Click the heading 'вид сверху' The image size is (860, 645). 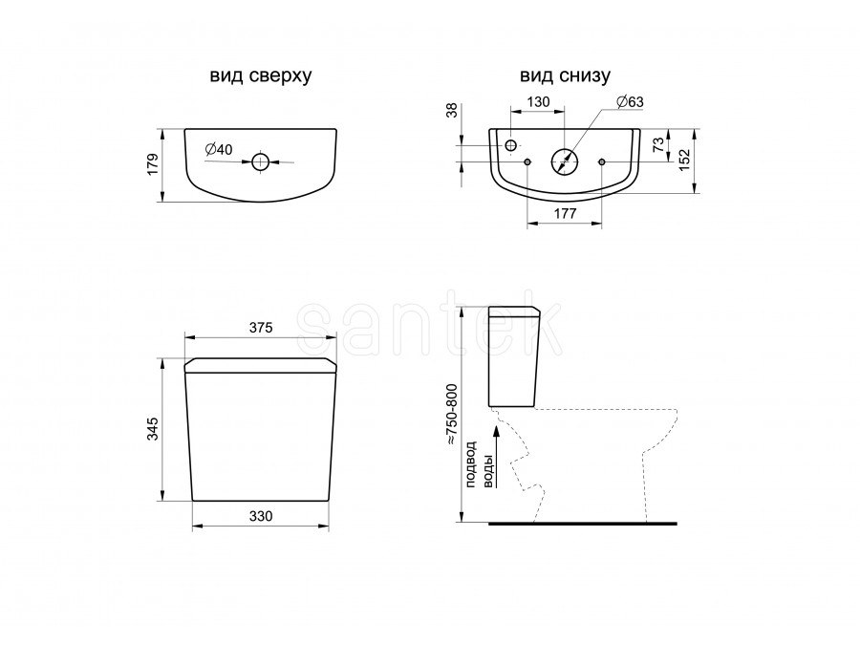tap(261, 75)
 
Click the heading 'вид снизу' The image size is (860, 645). tap(565, 75)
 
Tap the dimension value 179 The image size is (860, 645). tap(153, 164)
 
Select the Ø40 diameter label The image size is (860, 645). tap(219, 149)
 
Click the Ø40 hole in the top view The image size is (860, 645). tap(261, 161)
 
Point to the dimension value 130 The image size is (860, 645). tap(538, 102)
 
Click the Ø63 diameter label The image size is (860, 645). tap(630, 102)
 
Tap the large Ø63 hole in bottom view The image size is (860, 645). tap(565, 161)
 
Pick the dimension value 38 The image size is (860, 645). tap(452, 110)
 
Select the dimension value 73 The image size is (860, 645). tap(658, 144)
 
